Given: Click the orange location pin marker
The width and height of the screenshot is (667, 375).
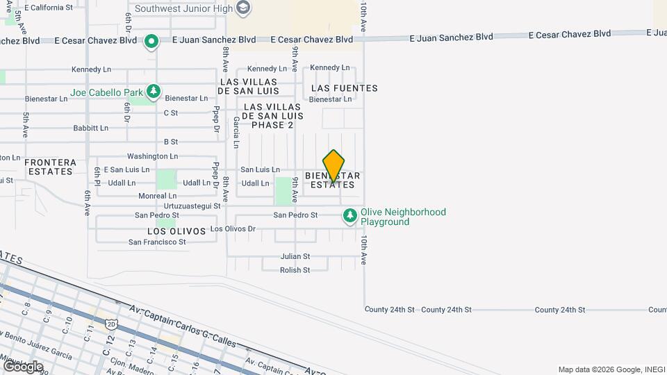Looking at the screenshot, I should [333, 165].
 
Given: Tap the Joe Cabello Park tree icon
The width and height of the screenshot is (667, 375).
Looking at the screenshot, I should [154, 92].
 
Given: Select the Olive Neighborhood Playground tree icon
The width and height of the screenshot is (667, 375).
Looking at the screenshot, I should [350, 217].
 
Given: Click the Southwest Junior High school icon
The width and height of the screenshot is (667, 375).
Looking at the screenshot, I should [242, 8].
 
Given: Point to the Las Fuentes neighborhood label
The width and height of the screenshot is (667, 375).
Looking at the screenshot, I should [345, 88].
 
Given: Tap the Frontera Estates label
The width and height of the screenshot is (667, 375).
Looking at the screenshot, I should [49, 167].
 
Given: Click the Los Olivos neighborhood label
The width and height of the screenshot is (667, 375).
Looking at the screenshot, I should [176, 231].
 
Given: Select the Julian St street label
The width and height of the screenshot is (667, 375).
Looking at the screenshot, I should [295, 256].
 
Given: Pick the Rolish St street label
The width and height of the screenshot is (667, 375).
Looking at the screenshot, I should [295, 270].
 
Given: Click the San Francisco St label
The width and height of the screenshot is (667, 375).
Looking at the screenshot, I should [157, 242].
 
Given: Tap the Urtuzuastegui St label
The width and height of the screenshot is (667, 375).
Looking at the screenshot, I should [192, 206].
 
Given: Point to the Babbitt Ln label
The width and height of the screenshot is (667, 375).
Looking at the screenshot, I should [90, 128].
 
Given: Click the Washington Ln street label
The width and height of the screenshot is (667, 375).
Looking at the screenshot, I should [152, 157].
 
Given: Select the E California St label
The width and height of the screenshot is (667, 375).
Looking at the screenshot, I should [48, 8].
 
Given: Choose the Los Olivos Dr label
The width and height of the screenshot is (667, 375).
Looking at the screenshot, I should [233, 228].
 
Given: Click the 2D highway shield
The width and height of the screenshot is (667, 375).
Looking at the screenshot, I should [111, 324].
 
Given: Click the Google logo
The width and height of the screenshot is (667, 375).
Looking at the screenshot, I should [22, 366].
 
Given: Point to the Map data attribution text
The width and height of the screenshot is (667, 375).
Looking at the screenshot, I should [611, 369].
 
